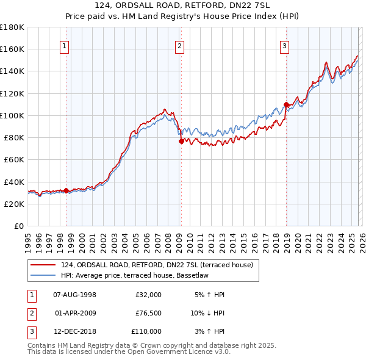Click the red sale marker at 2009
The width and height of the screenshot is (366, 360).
pyautogui.click(x=181, y=141)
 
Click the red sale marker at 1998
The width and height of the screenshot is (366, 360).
pyautogui.click(x=66, y=190)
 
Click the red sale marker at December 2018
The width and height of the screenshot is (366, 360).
pyautogui.click(x=286, y=104)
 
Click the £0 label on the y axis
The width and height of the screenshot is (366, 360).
pyautogui.click(x=20, y=226)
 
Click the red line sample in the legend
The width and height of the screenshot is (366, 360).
pyautogui.click(x=43, y=264)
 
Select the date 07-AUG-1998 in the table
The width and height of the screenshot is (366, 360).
pyautogui.click(x=74, y=295)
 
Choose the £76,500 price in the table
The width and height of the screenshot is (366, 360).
pyautogui.click(x=148, y=313)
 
